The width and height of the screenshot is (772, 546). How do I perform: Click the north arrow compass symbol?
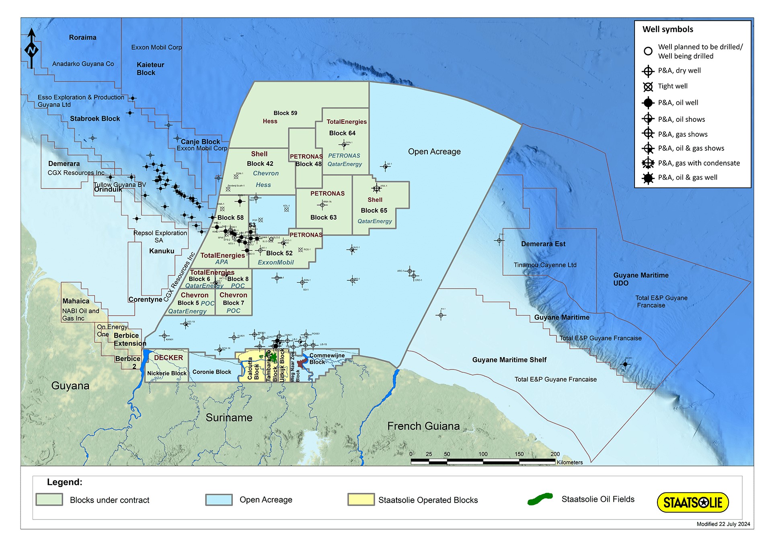[x=31, y=49]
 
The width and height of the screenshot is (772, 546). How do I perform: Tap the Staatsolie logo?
[x=692, y=503]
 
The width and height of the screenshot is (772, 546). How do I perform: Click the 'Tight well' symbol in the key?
[x=648, y=86]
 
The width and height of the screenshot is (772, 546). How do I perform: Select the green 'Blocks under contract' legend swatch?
[x=49, y=499]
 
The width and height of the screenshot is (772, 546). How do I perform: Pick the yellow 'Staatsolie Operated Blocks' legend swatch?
[x=361, y=499]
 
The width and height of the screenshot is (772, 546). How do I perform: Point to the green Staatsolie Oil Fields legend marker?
[x=540, y=499]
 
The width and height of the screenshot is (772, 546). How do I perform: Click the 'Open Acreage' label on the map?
[x=434, y=152]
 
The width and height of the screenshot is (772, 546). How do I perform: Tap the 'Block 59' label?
[x=285, y=113]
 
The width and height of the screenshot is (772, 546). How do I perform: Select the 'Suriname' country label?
[x=229, y=418]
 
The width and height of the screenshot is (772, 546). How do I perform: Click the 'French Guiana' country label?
[x=423, y=426]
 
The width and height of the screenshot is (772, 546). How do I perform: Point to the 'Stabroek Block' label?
[x=95, y=119]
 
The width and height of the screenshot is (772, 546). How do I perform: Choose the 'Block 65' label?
[x=374, y=210]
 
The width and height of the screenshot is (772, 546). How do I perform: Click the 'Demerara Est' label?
[x=543, y=244]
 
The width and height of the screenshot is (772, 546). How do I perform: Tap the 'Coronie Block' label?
[x=211, y=372]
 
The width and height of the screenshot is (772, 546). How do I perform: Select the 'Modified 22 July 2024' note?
[x=723, y=524]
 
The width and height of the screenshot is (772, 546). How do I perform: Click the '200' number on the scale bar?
[x=555, y=454]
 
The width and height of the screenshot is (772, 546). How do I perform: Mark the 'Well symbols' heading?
[x=667, y=29]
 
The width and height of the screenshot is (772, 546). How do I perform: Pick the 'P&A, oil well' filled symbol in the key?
[x=648, y=103]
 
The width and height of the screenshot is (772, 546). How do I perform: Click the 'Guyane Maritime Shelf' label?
[x=509, y=360]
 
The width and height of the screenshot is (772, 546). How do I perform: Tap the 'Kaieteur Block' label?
[x=150, y=69]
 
